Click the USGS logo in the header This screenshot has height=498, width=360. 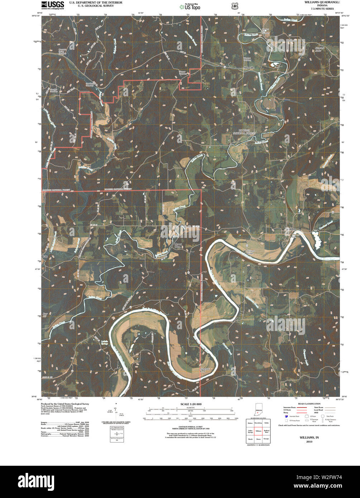pos(52,5)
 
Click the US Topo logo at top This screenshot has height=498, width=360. pos(190,6)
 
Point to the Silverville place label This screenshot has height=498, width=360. pos(248,67)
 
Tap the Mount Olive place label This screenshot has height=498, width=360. pos(178,245)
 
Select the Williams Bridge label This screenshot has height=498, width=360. pos(250,252)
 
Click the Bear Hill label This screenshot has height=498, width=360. pos(45,315)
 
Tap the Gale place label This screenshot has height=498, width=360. pos(45,257)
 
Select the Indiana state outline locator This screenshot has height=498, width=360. pos(258,410)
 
